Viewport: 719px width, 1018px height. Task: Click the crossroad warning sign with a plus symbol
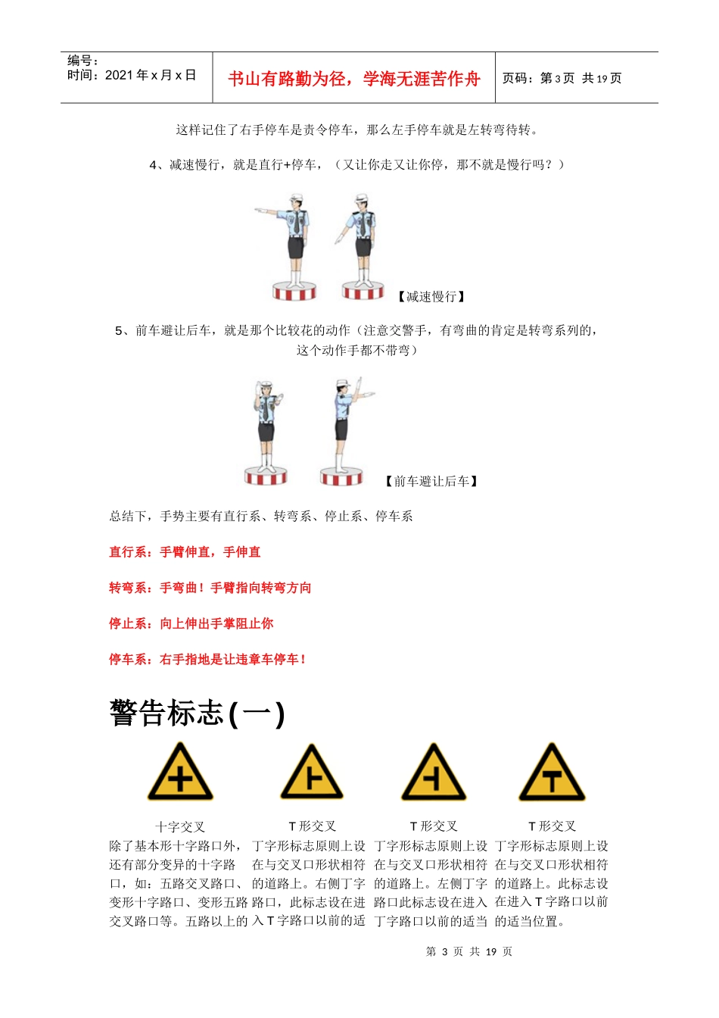pyautogui.click(x=180, y=773)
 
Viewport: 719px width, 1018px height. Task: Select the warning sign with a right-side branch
pyautogui.click(x=312, y=773)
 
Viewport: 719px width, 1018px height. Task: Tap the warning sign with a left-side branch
pyautogui.click(x=434, y=773)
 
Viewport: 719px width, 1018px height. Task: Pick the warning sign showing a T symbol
pyautogui.click(x=552, y=773)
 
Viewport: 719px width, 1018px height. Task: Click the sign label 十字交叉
pyautogui.click(x=180, y=826)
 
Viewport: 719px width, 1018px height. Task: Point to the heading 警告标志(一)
pyautogui.click(x=197, y=714)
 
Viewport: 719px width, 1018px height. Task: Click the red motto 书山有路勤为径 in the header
pyautogui.click(x=353, y=79)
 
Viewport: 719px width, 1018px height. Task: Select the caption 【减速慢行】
pyautogui.click(x=431, y=296)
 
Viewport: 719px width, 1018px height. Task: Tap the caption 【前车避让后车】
pyautogui.click(x=431, y=481)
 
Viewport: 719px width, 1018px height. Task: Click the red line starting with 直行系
pyautogui.click(x=185, y=552)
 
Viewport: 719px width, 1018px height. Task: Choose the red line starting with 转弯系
pyautogui.click(x=210, y=588)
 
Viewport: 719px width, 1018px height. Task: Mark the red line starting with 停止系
pyautogui.click(x=191, y=623)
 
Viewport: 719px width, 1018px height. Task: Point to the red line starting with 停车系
pyautogui.click(x=207, y=659)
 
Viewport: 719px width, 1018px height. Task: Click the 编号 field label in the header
pyautogui.click(x=82, y=61)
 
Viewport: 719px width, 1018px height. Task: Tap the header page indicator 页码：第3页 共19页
pyautogui.click(x=562, y=78)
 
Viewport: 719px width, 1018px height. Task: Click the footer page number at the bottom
pyautogui.click(x=468, y=951)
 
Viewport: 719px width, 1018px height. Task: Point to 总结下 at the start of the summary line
pyautogui.click(x=127, y=517)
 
